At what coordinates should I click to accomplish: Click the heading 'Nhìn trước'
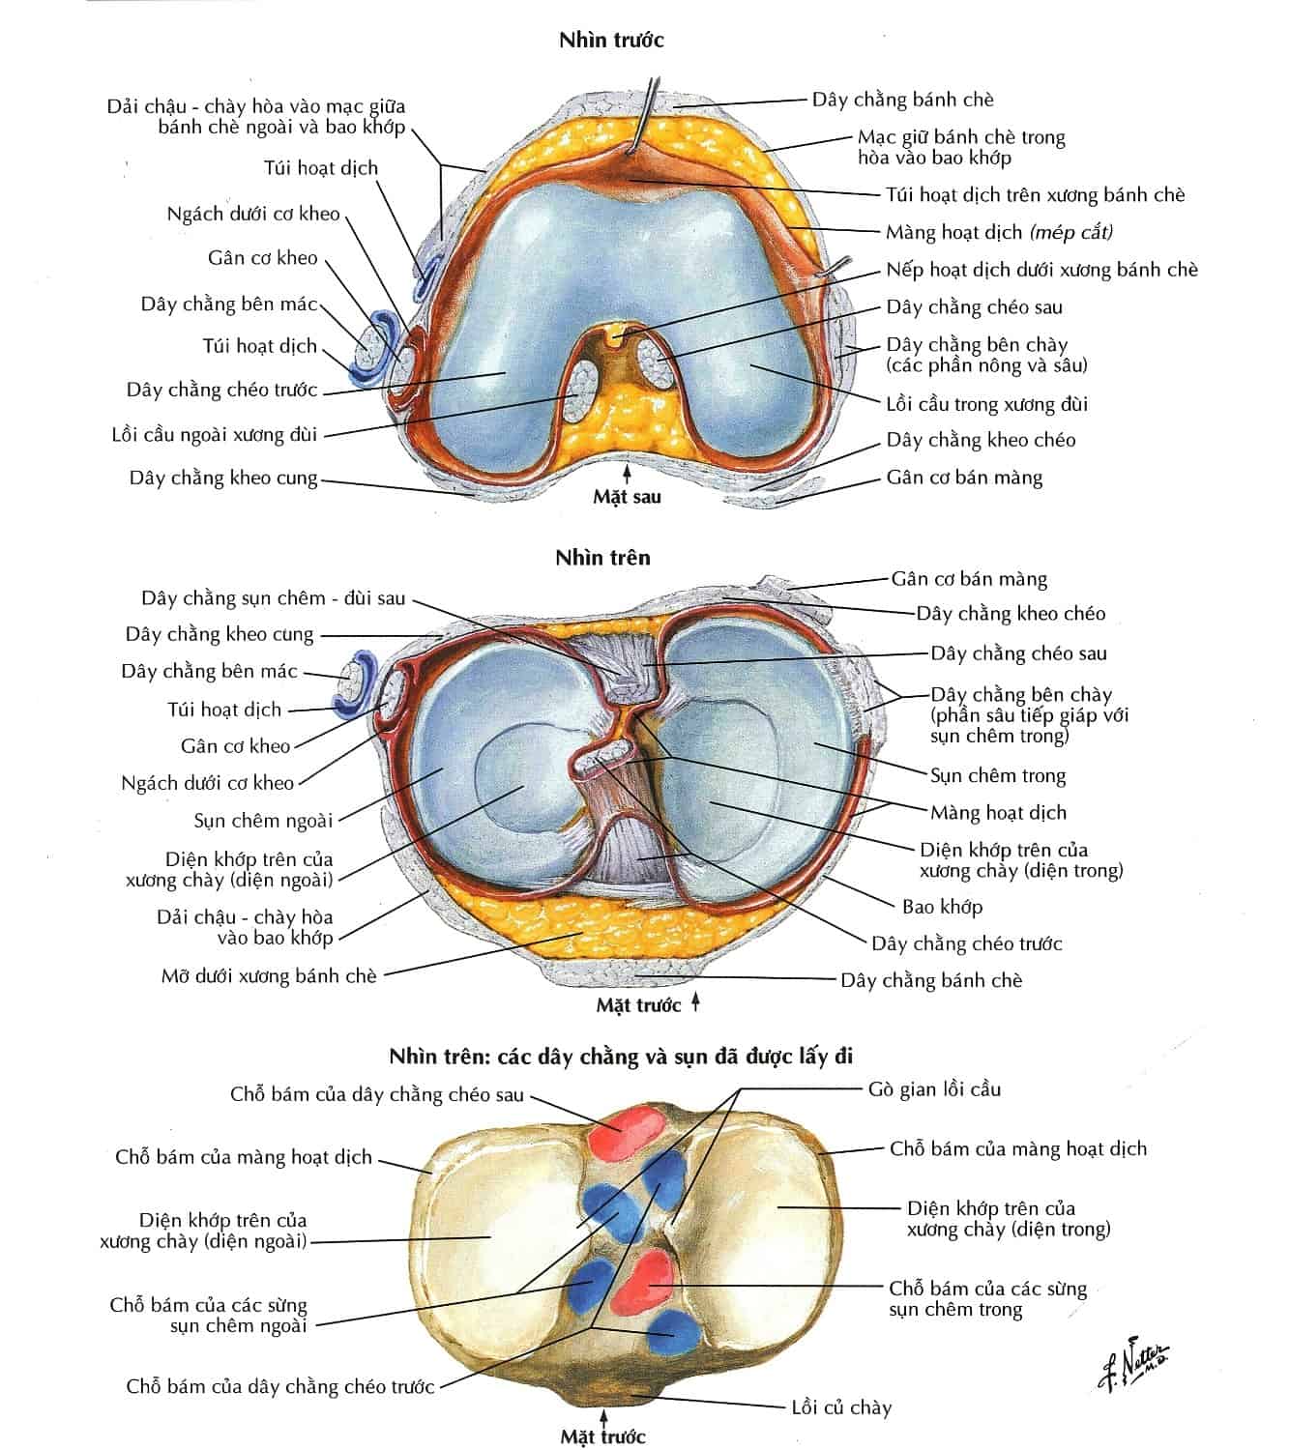tap(611, 40)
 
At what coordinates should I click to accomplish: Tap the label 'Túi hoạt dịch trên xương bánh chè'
tap(1035, 194)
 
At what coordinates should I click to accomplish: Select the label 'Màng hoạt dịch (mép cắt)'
tap(999, 232)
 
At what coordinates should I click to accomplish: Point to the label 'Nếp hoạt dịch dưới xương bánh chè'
tap(1041, 270)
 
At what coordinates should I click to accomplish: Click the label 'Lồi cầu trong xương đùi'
tap(986, 404)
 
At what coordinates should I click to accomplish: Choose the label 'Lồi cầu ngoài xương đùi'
tap(214, 435)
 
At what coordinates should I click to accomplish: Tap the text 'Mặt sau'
tap(627, 497)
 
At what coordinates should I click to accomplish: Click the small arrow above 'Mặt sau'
tap(628, 473)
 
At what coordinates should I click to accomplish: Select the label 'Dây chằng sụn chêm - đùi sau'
tap(274, 598)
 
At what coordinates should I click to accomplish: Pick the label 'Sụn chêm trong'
tap(998, 776)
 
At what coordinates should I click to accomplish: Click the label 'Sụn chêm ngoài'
tap(263, 820)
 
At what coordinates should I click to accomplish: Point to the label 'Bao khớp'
tap(942, 907)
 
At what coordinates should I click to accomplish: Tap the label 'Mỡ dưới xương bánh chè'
tap(269, 976)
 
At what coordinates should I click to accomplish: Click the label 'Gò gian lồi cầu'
tap(934, 1089)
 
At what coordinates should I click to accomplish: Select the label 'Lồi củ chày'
tap(841, 1407)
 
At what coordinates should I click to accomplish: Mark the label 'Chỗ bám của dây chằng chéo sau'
tap(376, 1094)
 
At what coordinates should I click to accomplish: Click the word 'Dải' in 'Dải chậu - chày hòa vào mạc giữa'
tap(123, 106)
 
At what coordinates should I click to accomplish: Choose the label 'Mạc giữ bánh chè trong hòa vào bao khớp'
tap(961, 148)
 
